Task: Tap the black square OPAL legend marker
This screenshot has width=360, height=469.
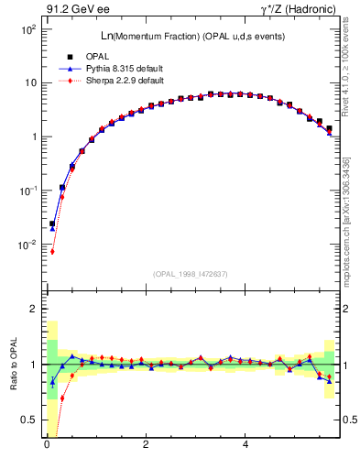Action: click(69, 58)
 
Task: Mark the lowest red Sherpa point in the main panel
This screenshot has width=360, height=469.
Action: click(52, 252)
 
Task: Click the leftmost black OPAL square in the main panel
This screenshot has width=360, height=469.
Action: click(52, 224)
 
